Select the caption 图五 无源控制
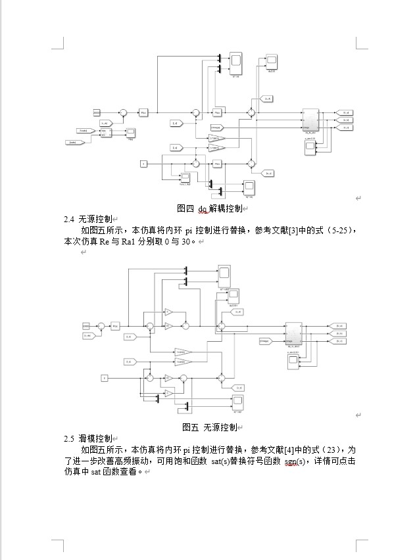click(208, 427)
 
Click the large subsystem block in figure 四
click(310, 120)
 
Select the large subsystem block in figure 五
click(293, 334)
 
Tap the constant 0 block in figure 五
click(104, 377)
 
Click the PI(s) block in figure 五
click(115, 325)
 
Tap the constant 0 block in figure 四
click(143, 162)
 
